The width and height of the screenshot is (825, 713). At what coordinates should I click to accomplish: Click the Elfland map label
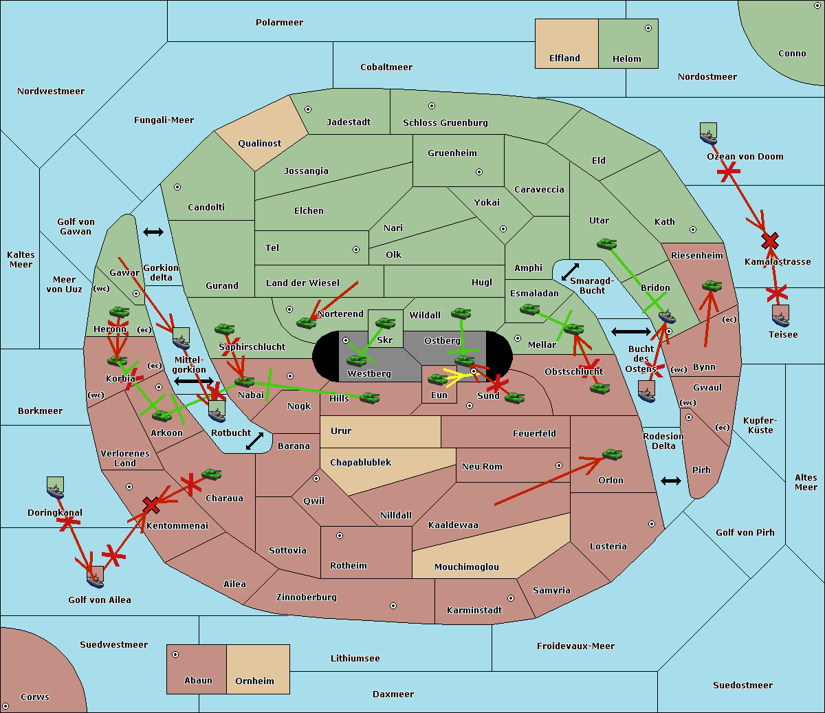pyautogui.click(x=564, y=58)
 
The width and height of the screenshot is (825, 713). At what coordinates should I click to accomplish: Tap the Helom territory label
pyautogui.click(x=626, y=59)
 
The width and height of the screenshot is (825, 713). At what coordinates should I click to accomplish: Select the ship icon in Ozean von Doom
pyautogui.click(x=708, y=135)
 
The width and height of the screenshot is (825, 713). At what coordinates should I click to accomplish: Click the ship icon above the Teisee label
pyautogui.click(x=780, y=316)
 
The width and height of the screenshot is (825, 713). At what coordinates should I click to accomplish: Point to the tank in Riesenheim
pyautogui.click(x=712, y=285)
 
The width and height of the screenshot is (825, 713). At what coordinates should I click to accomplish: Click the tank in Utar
pyautogui.click(x=606, y=243)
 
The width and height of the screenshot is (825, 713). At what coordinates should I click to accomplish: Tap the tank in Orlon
pyautogui.click(x=612, y=454)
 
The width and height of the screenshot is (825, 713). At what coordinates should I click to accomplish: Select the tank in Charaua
pyautogui.click(x=211, y=474)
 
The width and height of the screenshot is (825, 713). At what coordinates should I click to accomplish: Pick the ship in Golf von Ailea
pyautogui.click(x=96, y=578)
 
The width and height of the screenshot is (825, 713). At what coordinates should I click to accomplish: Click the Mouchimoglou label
pyautogui.click(x=466, y=567)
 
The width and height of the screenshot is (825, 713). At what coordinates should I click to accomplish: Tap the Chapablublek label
pyautogui.click(x=360, y=463)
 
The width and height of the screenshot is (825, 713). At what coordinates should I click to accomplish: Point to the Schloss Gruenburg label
pyautogui.click(x=445, y=123)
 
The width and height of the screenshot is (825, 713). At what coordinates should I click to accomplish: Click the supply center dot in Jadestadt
pyautogui.click(x=308, y=109)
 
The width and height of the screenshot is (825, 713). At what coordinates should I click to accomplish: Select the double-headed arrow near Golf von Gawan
pyautogui.click(x=153, y=232)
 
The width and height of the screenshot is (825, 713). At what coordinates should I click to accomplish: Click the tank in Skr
pyautogui.click(x=385, y=322)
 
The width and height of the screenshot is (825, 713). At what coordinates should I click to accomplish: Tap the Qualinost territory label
pyautogui.click(x=259, y=144)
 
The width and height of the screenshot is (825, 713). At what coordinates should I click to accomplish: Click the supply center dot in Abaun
pyautogui.click(x=175, y=655)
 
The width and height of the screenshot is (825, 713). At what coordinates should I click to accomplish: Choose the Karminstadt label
pyautogui.click(x=474, y=611)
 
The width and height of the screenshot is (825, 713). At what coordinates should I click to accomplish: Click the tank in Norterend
pyautogui.click(x=306, y=322)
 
